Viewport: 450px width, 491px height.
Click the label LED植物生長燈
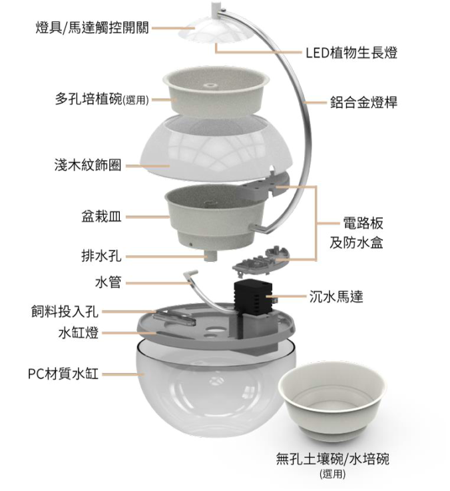pos(351,53)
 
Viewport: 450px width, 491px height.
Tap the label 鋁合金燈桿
pos(363,102)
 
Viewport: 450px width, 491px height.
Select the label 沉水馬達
pos(336,296)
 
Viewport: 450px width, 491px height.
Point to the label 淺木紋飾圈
pos(88,165)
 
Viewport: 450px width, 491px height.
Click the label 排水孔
pos(101,256)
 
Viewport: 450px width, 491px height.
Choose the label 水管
pos(108,282)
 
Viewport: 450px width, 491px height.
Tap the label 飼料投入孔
pos(65,311)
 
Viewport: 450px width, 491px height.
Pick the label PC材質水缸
pos(63,374)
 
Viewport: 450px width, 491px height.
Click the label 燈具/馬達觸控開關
pos(92,27)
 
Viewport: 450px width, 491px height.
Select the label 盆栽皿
pos(101,217)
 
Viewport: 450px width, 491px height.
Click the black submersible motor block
pos(253,298)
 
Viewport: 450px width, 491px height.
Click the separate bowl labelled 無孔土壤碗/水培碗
pos(332,404)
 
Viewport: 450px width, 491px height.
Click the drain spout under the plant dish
pos(210,255)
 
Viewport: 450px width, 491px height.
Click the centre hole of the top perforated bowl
pos(210,85)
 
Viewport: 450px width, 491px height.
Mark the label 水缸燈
pos(79,332)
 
